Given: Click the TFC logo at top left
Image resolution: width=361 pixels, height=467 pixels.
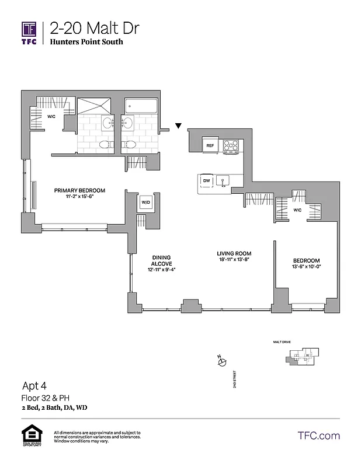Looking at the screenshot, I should [x=29, y=33].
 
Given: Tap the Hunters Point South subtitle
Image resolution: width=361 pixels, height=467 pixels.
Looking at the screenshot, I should [x=86, y=42].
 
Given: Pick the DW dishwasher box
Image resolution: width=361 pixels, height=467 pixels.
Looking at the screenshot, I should [x=206, y=181].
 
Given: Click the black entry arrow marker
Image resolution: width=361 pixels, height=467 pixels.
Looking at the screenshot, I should [x=179, y=125].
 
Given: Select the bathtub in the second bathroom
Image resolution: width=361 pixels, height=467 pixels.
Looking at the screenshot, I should [x=140, y=107].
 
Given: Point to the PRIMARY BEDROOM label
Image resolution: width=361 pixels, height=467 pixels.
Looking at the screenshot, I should [x=79, y=190].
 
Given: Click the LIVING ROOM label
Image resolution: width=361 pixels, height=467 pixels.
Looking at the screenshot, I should [x=233, y=253].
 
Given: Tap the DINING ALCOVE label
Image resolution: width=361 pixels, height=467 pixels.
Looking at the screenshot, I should [x=161, y=260].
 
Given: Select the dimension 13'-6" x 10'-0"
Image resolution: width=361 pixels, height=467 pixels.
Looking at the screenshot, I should [x=307, y=266].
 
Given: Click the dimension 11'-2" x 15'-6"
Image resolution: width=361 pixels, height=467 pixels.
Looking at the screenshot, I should [x=79, y=197].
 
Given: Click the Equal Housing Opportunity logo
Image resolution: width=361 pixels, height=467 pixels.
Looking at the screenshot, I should [x=29, y=435].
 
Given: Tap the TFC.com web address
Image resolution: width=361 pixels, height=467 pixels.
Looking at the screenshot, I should [x=319, y=435].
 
